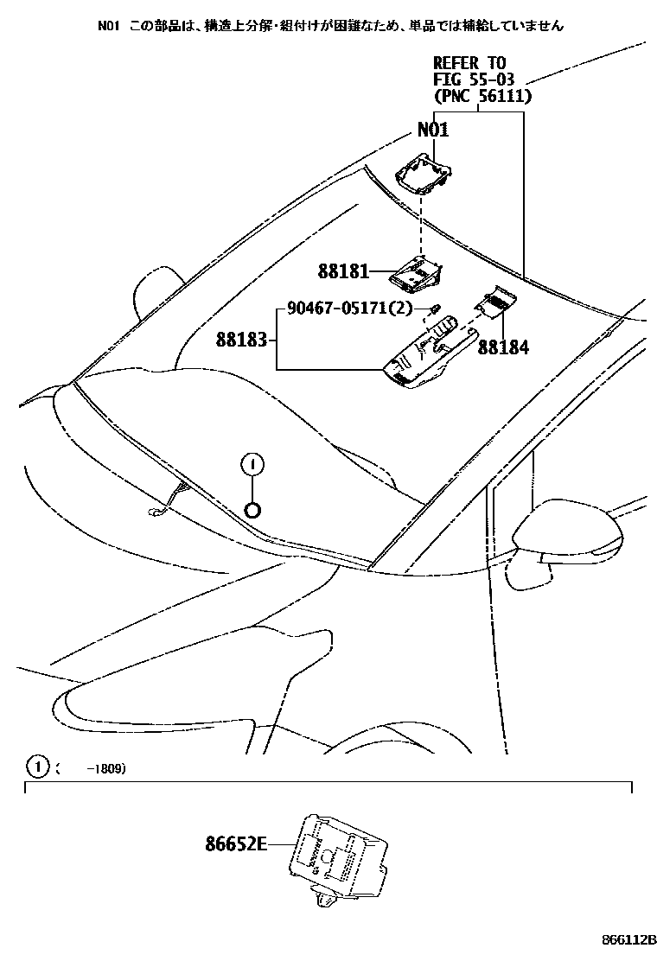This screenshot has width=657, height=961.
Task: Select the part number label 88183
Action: (x=242, y=340)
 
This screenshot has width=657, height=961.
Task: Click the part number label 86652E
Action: (x=236, y=843)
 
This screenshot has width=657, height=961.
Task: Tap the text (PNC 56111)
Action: (x=482, y=96)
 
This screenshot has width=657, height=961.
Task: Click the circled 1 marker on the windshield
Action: (x=252, y=465)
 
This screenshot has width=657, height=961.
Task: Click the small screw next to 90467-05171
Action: (x=436, y=309)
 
